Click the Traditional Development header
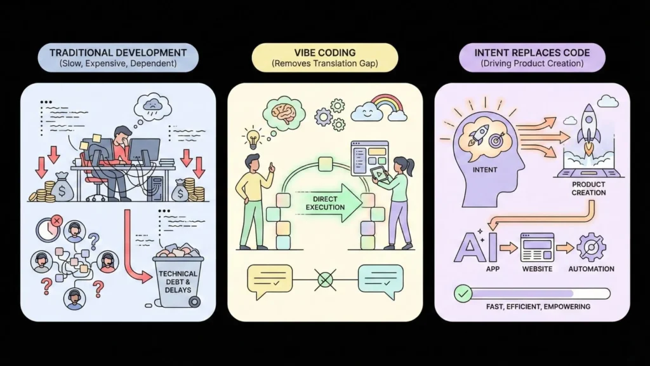click(x=118, y=58)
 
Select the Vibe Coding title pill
click(x=324, y=58)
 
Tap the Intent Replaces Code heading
click(x=531, y=58)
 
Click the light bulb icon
click(x=253, y=137)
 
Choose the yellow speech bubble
click(x=269, y=279)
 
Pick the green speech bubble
click(x=380, y=279)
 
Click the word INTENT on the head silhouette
click(x=485, y=170)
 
